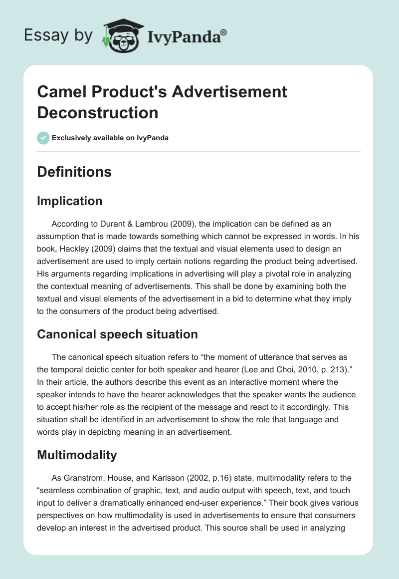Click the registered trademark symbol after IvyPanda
[x=224, y=32]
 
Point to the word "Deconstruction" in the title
[x=98, y=112]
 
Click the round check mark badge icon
[x=43, y=138]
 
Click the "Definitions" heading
[x=74, y=172]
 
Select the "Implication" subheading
[x=69, y=201]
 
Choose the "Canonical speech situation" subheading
[x=117, y=334]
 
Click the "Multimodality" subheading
[x=77, y=455]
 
